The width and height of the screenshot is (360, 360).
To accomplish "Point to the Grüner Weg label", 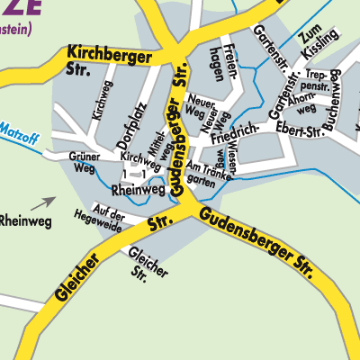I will click(x=83, y=162).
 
